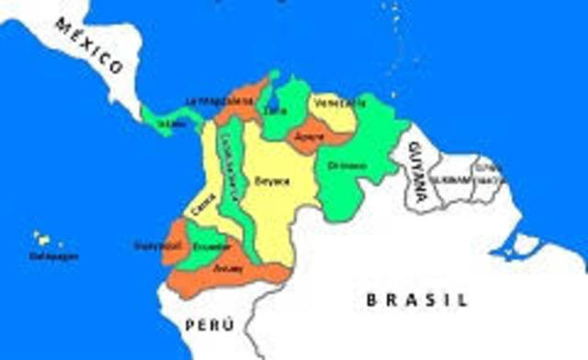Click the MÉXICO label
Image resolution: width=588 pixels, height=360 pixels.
pyautogui.click(x=88, y=47)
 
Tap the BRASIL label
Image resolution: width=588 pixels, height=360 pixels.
pyautogui.click(x=417, y=299)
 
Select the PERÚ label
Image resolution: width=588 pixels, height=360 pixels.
pyautogui.click(x=210, y=324)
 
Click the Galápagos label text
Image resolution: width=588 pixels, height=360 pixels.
pyautogui.click(x=53, y=256)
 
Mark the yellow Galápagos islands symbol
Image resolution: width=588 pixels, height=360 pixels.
pyautogui.click(x=41, y=239)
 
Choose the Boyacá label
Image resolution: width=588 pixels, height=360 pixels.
pyautogui.click(x=273, y=181)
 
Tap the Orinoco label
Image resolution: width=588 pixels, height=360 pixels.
pyautogui.click(x=346, y=166)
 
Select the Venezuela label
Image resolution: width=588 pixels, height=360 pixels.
pyautogui.click(x=339, y=103)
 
